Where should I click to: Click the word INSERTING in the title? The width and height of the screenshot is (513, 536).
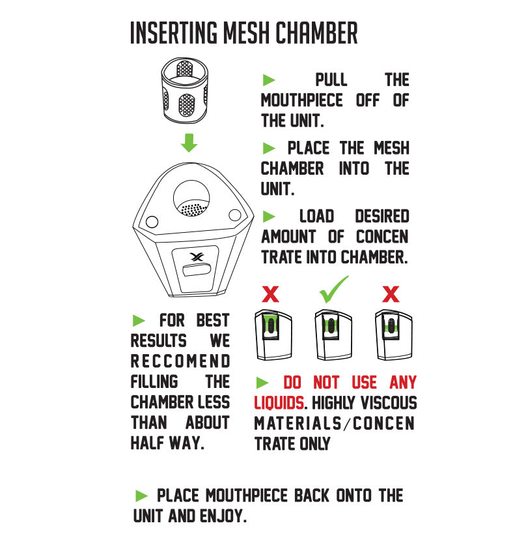(171, 33)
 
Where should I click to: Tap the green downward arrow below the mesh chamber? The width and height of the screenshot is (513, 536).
(189, 143)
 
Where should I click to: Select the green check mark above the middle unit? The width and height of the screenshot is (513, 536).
(333, 290)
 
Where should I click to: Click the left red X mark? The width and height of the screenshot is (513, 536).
(270, 294)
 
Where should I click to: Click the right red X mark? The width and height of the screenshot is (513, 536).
(391, 294)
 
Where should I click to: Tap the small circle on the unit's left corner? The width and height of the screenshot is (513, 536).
(151, 222)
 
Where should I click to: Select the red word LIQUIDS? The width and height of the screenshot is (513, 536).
(279, 403)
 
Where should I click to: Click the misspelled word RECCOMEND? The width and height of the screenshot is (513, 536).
(180, 361)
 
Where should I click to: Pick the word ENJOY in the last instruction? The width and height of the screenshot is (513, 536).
(223, 516)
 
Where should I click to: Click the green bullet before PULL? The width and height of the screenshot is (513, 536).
(269, 80)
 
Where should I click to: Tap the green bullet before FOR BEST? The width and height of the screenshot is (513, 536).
(139, 320)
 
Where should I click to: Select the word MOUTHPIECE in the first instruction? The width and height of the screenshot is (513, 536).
(301, 101)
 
